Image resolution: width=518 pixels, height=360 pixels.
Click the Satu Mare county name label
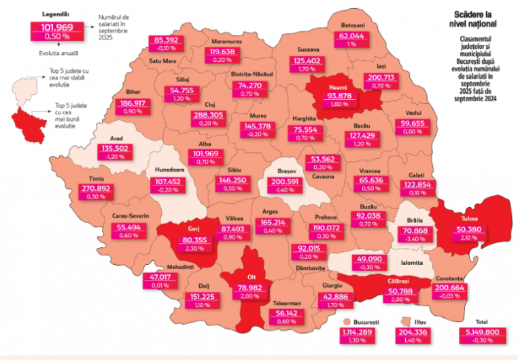coord(162,60)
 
